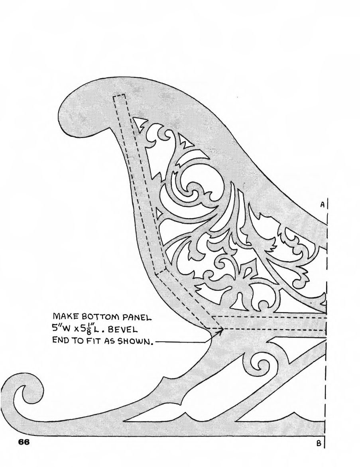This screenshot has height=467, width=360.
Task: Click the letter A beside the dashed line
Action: click(x=322, y=205)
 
